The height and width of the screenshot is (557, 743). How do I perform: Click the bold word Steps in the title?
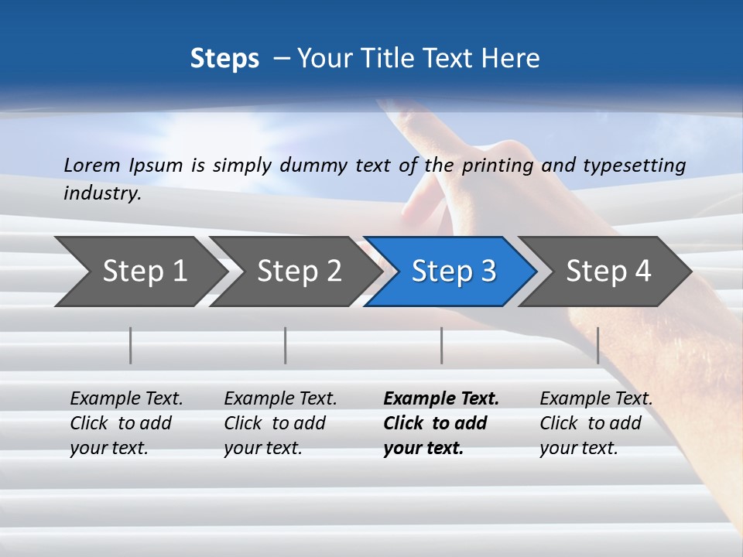coord(224,59)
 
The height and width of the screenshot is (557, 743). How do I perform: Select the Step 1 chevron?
coord(139,272)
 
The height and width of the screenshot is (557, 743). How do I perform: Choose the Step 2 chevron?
coord(298,272)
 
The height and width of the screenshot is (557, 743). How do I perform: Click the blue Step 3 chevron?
coord(452,272)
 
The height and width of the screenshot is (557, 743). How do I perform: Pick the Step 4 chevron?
coord(608,272)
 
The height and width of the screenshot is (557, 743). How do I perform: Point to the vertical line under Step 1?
coord(131,345)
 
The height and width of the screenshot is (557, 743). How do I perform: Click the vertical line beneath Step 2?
coord(286,345)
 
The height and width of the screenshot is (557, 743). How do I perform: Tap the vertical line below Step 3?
coord(442,345)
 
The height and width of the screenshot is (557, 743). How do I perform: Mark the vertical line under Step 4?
coord(598,345)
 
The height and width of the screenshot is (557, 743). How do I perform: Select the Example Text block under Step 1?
coord(125,423)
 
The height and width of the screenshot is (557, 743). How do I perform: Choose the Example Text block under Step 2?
coord(279,423)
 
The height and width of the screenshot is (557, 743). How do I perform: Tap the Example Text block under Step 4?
coord(595,423)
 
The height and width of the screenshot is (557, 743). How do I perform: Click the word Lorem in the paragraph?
coord(92,166)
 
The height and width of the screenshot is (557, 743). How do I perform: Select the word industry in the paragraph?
coord(101,193)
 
